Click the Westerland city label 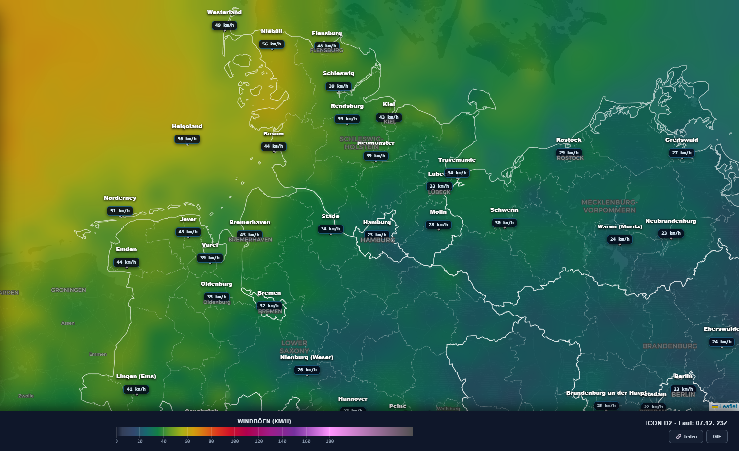coord(224,12)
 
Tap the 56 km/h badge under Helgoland coord(187,139)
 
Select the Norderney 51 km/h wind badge coord(120,211)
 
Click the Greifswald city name coord(682,140)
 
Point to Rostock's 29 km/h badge coord(569,153)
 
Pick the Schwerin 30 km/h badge coord(505,223)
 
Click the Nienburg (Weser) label coord(307,357)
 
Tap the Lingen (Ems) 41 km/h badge coord(137,389)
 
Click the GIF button coord(717,436)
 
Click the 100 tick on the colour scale coord(235,441)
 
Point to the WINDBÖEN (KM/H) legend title coord(264,421)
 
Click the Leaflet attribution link coord(728,406)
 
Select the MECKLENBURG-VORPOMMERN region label coord(609,206)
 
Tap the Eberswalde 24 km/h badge coord(722,342)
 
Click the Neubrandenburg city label coord(671,221)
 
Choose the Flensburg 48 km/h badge coord(326,45)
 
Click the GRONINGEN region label coord(68,290)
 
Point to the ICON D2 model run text coord(686,423)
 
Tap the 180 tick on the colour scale coord(330,441)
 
